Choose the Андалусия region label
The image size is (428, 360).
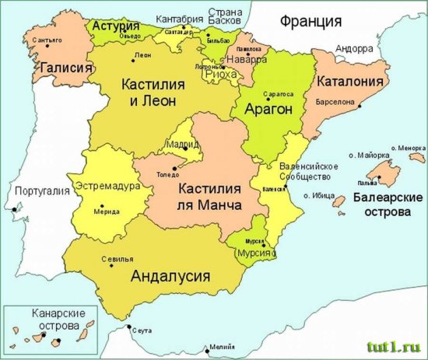point(171,275)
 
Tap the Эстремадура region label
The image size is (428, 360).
point(107,187)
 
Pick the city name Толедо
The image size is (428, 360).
point(167,174)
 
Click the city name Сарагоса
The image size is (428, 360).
point(279,93)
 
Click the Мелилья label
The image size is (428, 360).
point(222,348)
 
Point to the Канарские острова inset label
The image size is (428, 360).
point(54,317)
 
